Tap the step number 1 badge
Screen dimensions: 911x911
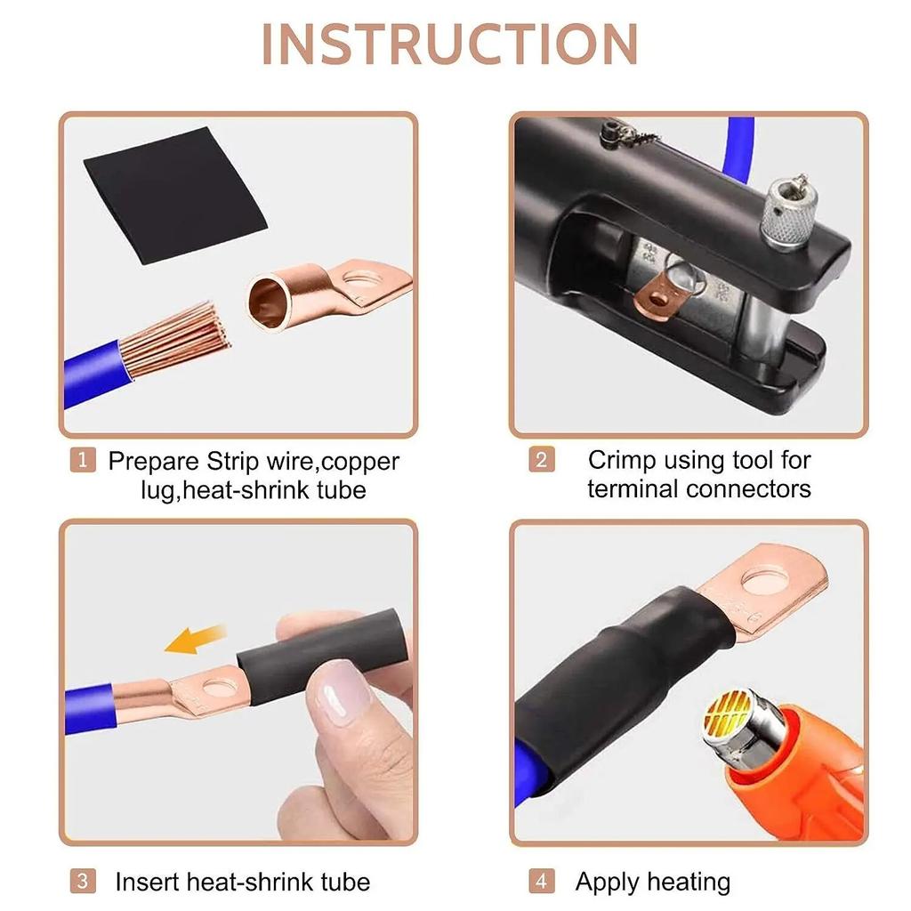click(82, 461)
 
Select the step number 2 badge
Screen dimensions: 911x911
click(541, 461)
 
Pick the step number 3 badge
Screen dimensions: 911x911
click(82, 882)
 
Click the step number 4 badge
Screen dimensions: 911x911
click(541, 882)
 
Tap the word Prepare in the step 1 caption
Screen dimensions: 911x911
click(154, 461)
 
